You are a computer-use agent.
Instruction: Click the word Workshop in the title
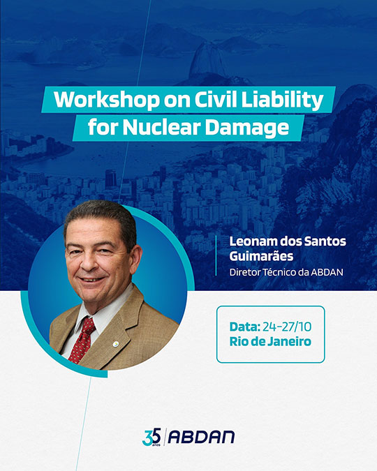pos(107,99)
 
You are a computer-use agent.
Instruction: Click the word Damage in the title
pos(247,128)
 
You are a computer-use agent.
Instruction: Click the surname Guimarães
pos(261,256)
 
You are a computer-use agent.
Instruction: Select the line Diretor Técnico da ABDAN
pos(286,272)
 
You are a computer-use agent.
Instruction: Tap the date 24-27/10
pos(287,327)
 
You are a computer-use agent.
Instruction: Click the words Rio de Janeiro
pos(270,341)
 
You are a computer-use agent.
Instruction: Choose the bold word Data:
pos(245,327)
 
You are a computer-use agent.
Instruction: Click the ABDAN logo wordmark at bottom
pos(201,437)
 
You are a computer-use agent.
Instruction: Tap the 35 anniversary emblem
pos(151,437)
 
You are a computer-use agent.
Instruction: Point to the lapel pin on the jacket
pos(116,344)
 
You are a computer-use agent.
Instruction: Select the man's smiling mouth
pos(91,279)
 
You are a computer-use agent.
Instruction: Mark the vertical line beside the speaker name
pos(216,255)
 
